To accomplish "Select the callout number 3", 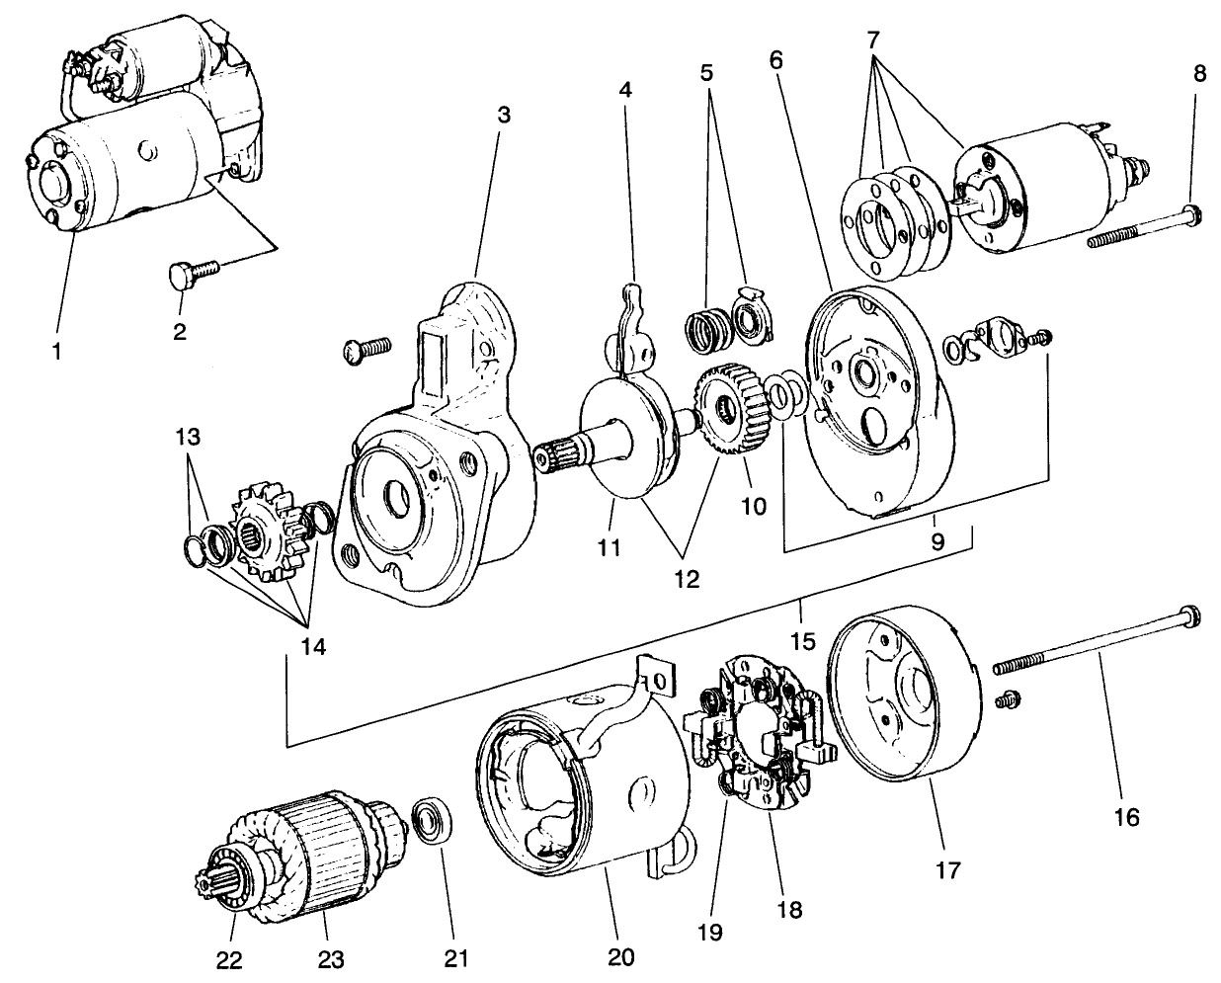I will pos(503,114).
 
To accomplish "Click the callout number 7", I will pos(872,41).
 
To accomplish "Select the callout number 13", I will pos(189,435).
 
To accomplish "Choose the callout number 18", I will pos(791,906).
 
